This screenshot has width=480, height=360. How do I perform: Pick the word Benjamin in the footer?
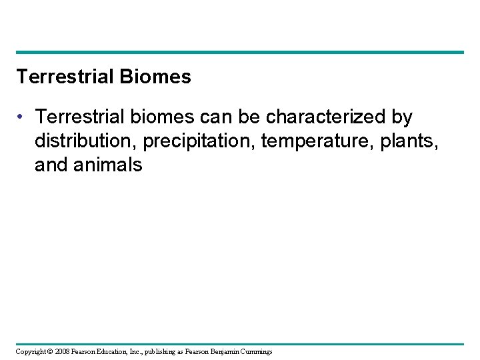[230, 351]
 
